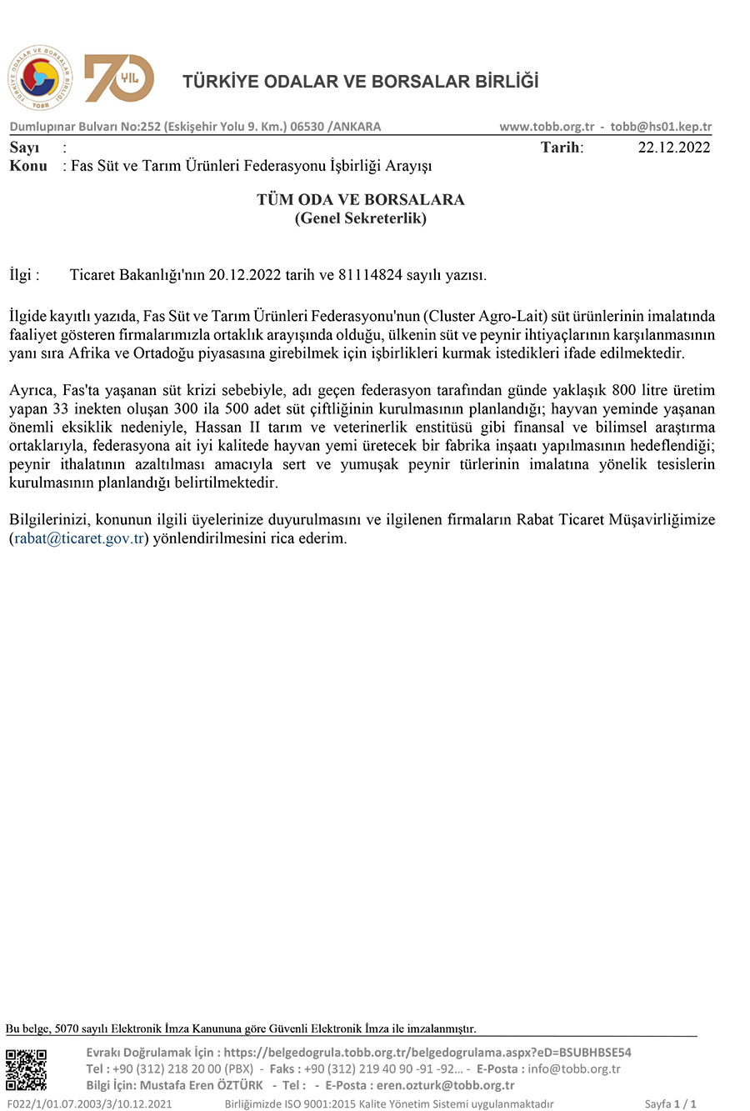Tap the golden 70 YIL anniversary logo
pos(119,78)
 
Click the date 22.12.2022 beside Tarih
pos(673,148)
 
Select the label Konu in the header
pos(27,166)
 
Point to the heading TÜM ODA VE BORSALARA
pos(361,200)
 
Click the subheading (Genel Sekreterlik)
pos(361,218)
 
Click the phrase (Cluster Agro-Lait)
pos(485,317)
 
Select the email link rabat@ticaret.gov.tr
pos(79,538)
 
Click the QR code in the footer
pos(27,1069)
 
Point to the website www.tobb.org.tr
pos(547,127)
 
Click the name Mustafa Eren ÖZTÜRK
pos(201,1085)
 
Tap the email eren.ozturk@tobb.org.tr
pos(446,1085)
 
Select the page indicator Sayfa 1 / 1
pos(670,1104)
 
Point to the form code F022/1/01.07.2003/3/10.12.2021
pos(89,1104)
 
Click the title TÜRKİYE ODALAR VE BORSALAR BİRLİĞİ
pos(361,82)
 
